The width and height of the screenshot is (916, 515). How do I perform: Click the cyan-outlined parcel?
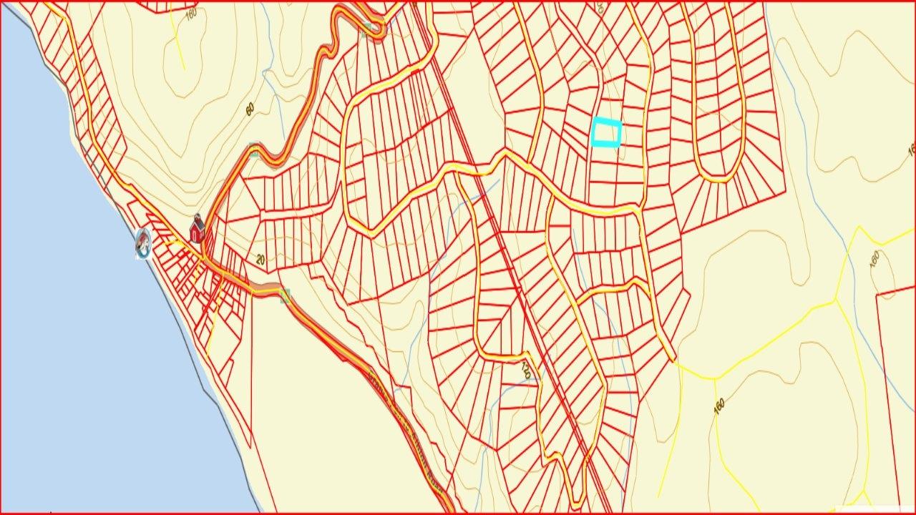[x=606, y=133]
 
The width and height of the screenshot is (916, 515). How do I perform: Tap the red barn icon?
[x=197, y=230]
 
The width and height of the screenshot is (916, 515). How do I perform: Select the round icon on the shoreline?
[x=144, y=243]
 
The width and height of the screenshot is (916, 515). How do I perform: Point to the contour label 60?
[x=250, y=109]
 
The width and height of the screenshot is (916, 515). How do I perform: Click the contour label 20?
[x=260, y=259]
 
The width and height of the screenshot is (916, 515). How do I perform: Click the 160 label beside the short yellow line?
[x=190, y=14]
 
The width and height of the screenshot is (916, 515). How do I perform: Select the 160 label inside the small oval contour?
[x=874, y=259]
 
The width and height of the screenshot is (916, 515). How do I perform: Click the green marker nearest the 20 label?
[x=286, y=295]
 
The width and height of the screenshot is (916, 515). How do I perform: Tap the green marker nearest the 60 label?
[x=253, y=149]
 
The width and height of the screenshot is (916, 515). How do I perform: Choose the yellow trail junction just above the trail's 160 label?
[x=713, y=377]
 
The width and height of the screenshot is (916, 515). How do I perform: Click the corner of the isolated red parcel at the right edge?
[x=877, y=294]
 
